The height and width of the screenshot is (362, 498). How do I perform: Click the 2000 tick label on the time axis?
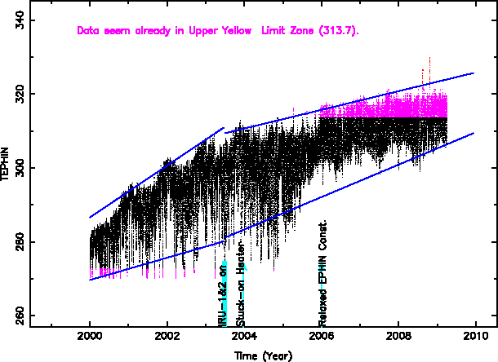tap(90, 336)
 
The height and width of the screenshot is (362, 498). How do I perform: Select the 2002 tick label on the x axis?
tap(167, 336)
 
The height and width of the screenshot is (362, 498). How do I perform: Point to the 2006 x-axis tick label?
tap(322, 336)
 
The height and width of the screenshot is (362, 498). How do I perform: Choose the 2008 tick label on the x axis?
tap(398, 336)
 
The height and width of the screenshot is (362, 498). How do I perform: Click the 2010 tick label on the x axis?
tap(476, 336)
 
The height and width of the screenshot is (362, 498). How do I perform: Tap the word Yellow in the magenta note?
tap(236, 31)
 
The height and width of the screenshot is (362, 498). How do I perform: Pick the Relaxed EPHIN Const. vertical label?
tap(323, 272)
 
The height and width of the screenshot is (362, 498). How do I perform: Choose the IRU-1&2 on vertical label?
tap(222, 295)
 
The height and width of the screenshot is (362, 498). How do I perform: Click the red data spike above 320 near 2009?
tap(429, 69)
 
